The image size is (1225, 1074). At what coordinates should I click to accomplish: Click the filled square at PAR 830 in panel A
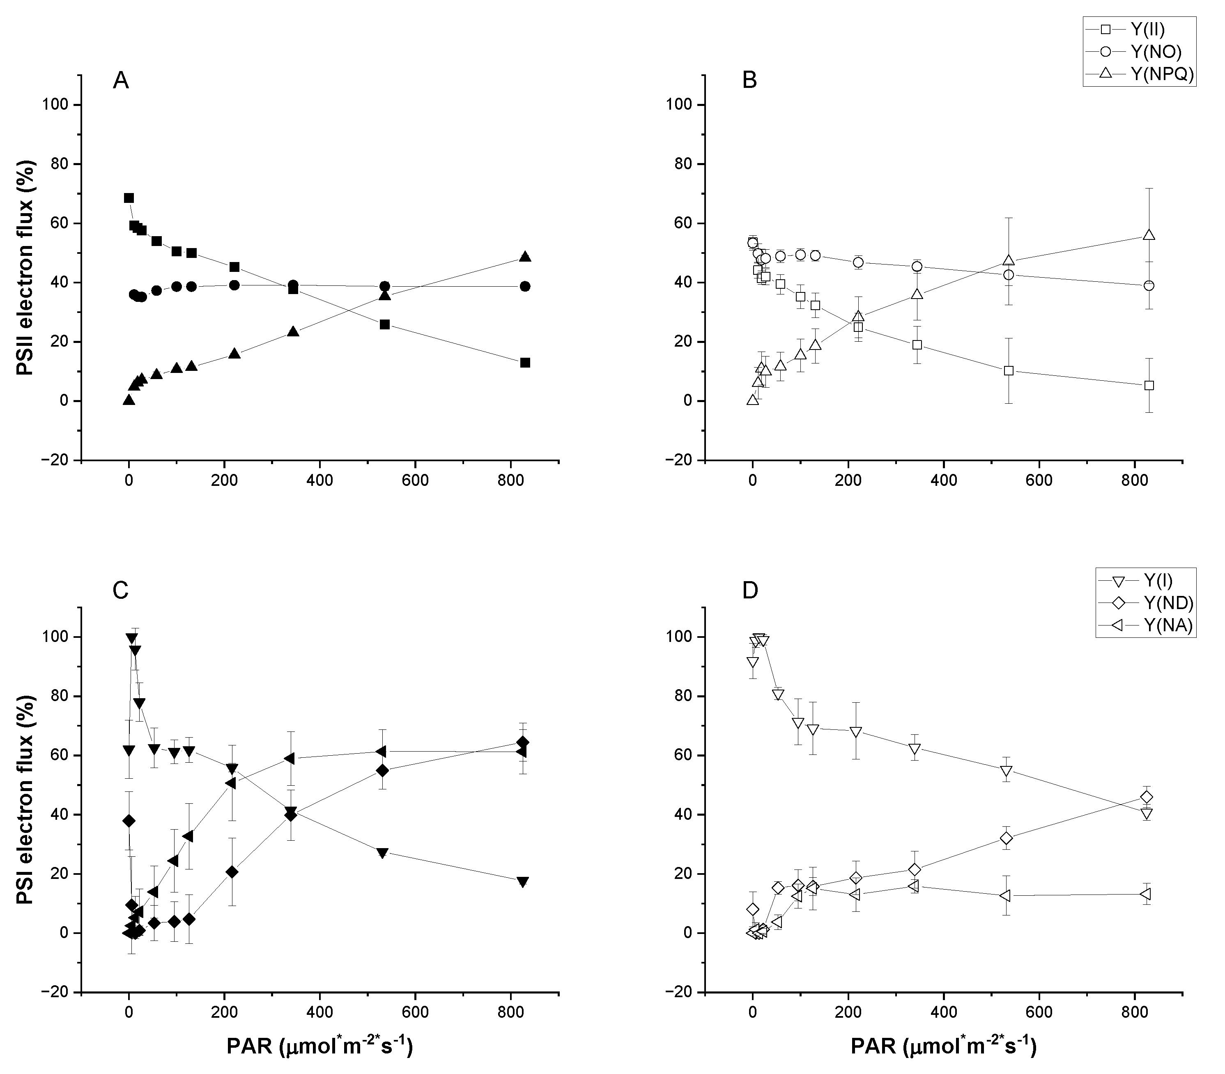(525, 363)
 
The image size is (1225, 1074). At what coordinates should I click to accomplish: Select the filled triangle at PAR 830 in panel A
(525, 257)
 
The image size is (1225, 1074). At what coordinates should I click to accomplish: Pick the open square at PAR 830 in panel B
(1149, 385)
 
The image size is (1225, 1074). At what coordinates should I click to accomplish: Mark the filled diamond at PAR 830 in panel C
(523, 742)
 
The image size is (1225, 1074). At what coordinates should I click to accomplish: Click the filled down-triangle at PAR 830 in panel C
(523, 882)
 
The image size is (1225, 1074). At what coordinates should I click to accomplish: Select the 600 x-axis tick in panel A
(415, 480)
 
